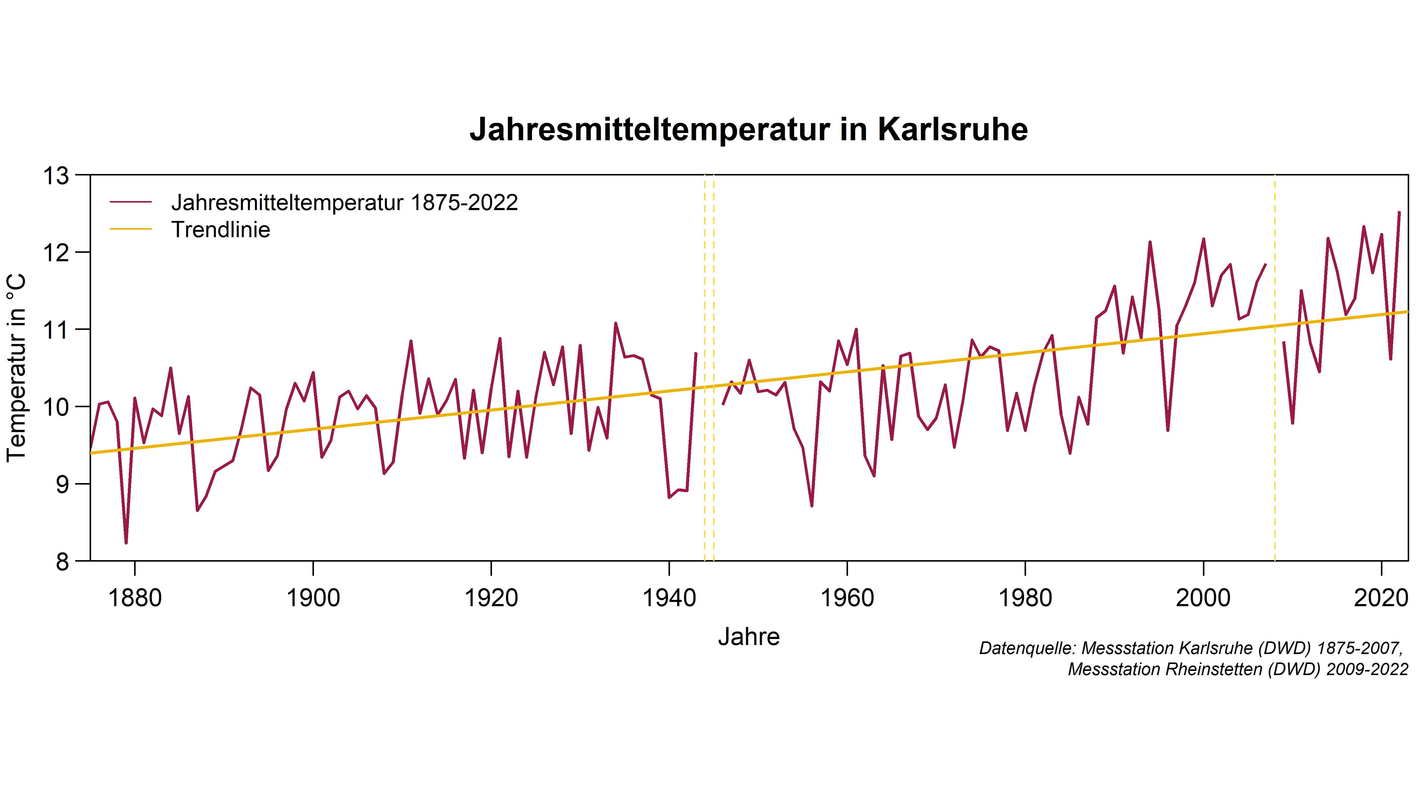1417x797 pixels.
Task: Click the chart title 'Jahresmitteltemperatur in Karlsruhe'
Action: point(748,130)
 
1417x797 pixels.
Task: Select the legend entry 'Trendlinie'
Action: point(221,230)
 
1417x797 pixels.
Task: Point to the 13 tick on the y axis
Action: point(57,176)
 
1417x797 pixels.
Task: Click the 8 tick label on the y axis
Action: point(62,562)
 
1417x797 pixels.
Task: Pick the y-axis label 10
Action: point(57,407)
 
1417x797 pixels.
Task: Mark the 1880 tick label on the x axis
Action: point(135,598)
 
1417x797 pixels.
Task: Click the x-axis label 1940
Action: point(669,598)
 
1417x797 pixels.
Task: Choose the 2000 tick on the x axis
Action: point(1203,598)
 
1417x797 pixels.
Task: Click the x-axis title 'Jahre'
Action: point(749,637)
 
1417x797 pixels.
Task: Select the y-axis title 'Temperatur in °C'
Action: point(17,368)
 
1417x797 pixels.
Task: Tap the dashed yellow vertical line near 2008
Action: point(1274,385)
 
